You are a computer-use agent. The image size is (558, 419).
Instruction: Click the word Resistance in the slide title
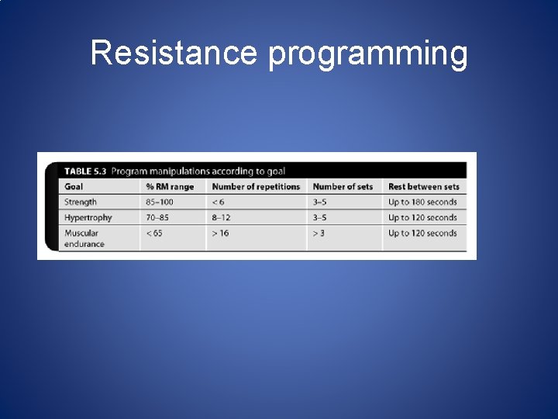coord(174,54)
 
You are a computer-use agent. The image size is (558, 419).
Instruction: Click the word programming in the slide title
coord(368,55)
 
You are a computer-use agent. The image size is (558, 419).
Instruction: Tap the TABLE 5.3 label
coord(85,171)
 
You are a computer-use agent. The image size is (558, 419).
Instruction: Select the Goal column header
coord(74,187)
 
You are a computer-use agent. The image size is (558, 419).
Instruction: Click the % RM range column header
coord(170,187)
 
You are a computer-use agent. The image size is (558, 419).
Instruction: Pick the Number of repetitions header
coord(256,187)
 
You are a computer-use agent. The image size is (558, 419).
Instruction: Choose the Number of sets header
coord(343,187)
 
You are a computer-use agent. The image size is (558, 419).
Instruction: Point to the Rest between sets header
coord(424,187)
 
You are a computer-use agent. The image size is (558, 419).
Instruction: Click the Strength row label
coord(81,203)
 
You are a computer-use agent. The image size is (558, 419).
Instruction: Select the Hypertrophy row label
coord(88,218)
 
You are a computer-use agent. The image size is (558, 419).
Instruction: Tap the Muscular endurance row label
coord(84,238)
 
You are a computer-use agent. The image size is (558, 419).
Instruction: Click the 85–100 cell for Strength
coord(160,203)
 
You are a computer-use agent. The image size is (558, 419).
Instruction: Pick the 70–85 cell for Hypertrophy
coord(157,218)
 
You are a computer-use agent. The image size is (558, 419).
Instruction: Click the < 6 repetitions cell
coord(219,203)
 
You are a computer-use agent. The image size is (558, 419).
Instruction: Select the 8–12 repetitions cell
coord(221,218)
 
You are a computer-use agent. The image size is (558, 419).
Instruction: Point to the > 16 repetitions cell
coord(220,234)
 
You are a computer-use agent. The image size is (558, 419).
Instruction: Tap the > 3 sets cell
coord(319,234)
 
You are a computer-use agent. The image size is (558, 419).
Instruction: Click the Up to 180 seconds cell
coord(422,203)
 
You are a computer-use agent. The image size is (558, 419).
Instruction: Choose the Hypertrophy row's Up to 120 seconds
coord(422,218)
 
